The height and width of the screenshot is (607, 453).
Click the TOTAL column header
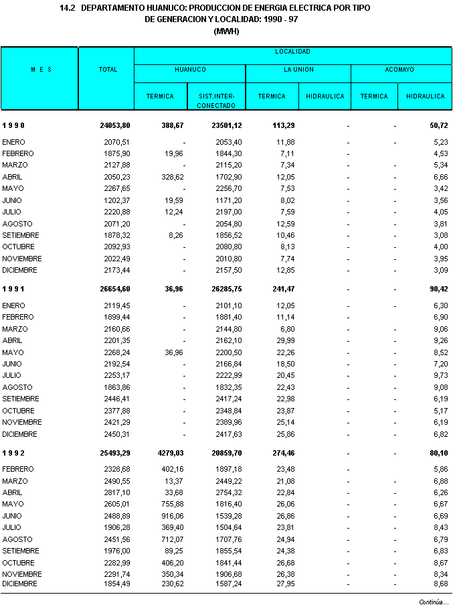tap(108, 70)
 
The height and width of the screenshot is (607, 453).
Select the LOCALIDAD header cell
tap(292, 52)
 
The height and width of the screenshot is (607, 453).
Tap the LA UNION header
tap(298, 70)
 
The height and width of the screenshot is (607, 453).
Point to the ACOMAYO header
tap(399, 70)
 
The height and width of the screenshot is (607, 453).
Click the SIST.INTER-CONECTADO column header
tap(216, 101)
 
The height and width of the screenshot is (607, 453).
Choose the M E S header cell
tap(41, 70)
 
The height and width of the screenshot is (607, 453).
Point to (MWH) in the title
tap(226, 31)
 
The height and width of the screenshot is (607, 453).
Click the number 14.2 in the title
tap(67, 8)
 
